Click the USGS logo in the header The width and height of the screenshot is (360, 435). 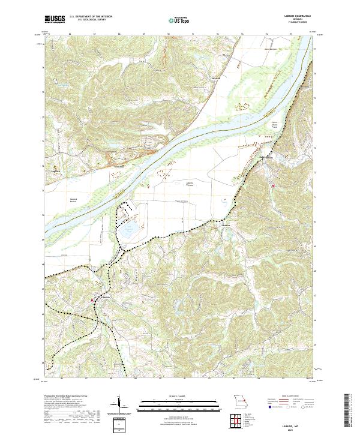click(x=55, y=20)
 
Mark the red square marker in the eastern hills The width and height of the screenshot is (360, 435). click(x=274, y=185)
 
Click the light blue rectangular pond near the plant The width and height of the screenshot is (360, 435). click(x=127, y=230)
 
